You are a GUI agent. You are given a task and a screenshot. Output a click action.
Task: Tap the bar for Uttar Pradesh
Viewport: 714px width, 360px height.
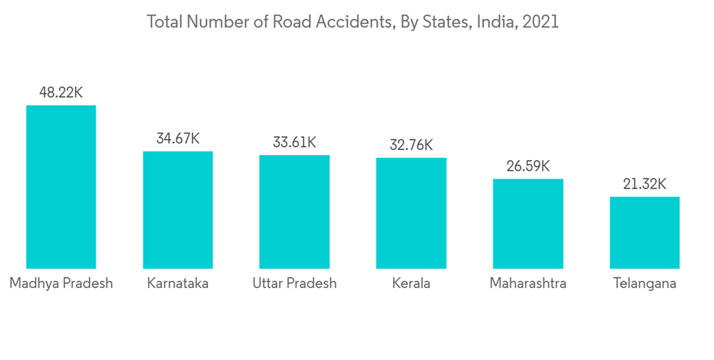tap(294, 211)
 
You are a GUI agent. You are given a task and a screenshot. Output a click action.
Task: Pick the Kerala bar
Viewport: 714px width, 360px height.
tap(411, 213)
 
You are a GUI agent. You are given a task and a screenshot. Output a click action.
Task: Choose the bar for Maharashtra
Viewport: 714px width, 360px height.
tap(528, 224)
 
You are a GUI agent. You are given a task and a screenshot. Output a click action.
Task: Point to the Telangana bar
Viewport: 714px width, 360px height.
tap(644, 233)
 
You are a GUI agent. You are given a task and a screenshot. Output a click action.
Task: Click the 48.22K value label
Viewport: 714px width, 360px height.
tap(61, 93)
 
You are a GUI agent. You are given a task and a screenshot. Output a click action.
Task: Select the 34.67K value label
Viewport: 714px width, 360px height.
tap(178, 139)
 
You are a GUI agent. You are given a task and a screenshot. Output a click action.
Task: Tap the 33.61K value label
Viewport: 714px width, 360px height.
tap(294, 142)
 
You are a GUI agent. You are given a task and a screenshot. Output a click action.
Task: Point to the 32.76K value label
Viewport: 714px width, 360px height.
tap(411, 145)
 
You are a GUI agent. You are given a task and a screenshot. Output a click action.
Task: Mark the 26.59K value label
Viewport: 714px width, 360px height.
tap(528, 166)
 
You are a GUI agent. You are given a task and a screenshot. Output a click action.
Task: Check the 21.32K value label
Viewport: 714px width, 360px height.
tap(644, 184)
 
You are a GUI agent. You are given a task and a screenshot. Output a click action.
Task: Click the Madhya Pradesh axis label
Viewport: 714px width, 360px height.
tap(61, 284)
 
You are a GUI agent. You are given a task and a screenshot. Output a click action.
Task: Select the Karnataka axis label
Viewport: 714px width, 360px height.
tap(178, 284)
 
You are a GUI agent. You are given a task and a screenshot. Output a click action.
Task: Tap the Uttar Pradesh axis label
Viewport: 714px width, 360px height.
tap(294, 284)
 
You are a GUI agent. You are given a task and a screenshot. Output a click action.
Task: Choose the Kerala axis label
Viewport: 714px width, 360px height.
tap(411, 284)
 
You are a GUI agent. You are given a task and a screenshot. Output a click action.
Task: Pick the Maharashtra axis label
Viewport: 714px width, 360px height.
tap(528, 284)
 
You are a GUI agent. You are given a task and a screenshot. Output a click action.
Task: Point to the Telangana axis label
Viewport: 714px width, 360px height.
tap(644, 284)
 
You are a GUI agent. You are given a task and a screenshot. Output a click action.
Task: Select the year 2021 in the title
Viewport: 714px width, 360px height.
tap(540, 22)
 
